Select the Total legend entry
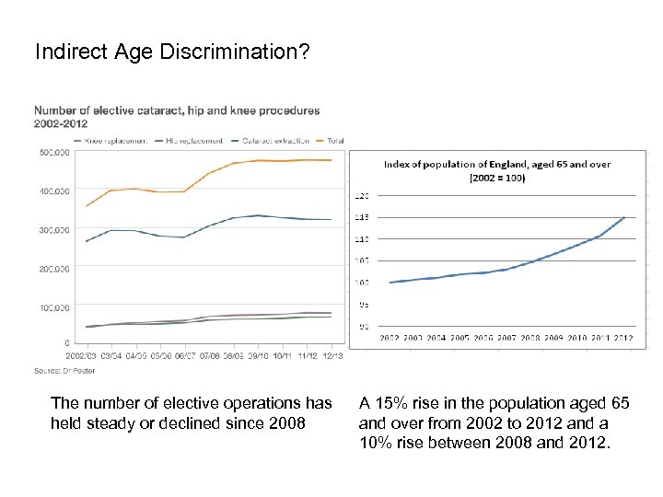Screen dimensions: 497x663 pos(334,141)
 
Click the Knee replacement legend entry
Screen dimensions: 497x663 pos(115,141)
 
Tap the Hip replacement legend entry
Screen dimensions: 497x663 pos(193,141)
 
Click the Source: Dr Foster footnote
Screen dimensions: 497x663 pos(64,370)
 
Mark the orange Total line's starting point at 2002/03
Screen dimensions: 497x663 pos(87,206)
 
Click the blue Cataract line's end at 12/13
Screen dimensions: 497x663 pos(331,219)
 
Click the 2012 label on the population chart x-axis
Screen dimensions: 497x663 pos(623,339)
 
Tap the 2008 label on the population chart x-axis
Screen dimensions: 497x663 pos(529,339)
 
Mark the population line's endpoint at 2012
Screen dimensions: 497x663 pos(624,217)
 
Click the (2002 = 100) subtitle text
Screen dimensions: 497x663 pos(497,178)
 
